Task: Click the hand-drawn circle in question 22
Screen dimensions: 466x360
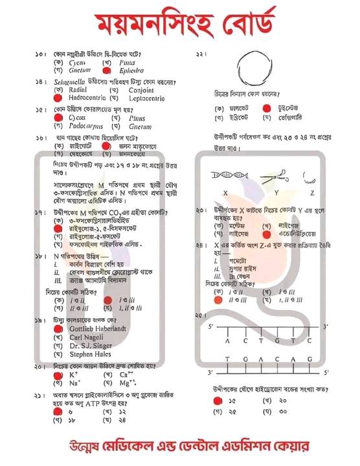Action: (x=257, y=67)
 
